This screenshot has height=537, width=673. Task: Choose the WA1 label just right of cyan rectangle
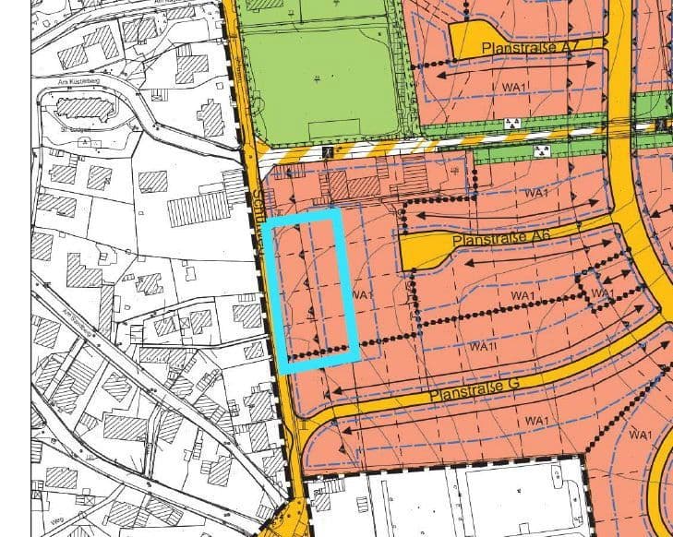click(x=361, y=294)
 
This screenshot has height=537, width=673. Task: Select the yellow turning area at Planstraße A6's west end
click(x=422, y=249)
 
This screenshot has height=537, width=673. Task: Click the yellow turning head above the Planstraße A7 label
click(x=474, y=37)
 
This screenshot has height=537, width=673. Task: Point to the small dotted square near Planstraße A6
click(x=593, y=289)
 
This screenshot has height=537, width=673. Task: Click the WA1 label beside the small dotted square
click(x=602, y=294)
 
